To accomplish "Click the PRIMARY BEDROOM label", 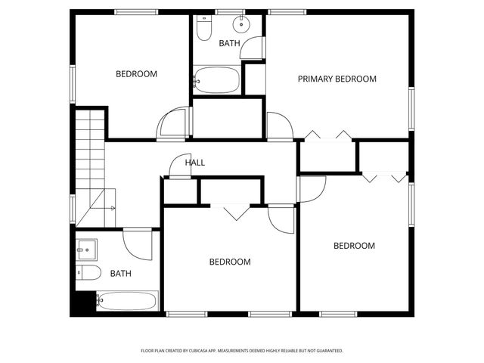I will point(337,79).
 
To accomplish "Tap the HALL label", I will point(195,163).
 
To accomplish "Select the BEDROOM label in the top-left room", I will point(136,74).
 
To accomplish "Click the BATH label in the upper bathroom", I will point(229,44).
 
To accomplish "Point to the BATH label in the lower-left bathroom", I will point(120,273).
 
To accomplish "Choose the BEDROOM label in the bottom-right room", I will point(354,246).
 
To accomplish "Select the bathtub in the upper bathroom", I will point(217,79).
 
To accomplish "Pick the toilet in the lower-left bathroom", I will point(86,273).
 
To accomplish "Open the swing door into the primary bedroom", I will point(278,126).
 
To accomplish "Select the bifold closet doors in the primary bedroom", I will point(329,135).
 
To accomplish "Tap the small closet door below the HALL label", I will point(180,167).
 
